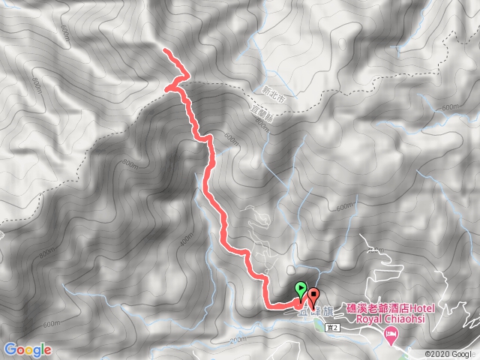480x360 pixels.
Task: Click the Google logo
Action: pos(27,349)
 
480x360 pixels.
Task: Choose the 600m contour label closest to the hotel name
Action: pos(344,207)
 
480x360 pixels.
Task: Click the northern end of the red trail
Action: pos(165,50)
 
